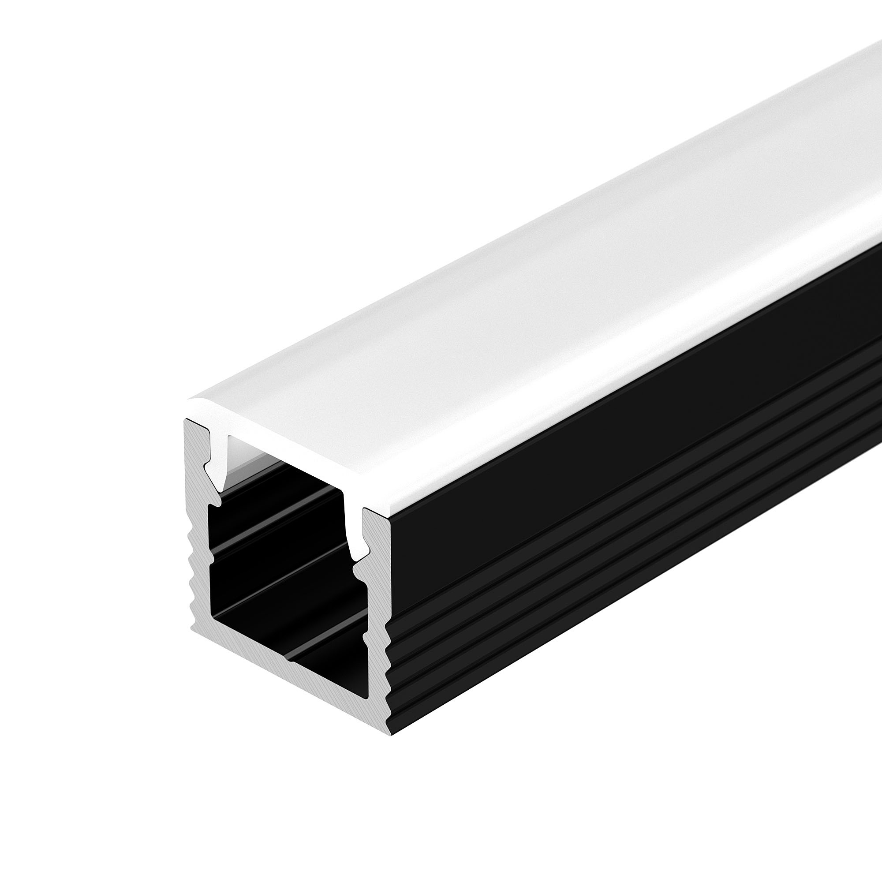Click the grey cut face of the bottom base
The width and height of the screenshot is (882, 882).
click(283, 699)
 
